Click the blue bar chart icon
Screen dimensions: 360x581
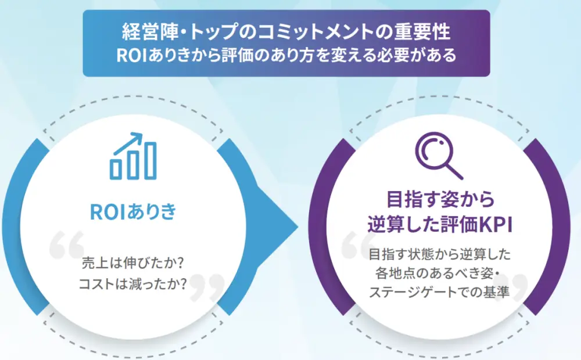coord(133,156)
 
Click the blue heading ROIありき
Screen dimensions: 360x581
coord(133,211)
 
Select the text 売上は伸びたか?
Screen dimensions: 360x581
coord(133,263)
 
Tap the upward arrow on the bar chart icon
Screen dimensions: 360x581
coord(133,140)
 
